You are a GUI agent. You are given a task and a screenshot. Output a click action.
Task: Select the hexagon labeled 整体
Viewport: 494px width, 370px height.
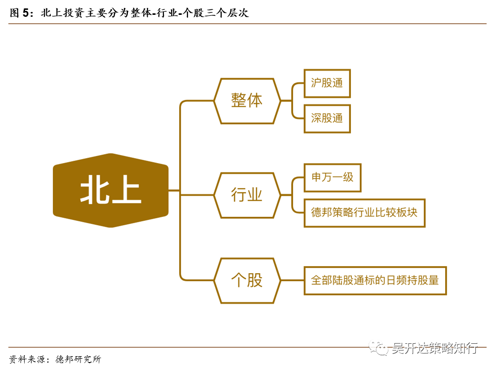click(247, 101)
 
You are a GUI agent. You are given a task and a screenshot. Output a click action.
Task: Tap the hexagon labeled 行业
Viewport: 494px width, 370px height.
click(247, 195)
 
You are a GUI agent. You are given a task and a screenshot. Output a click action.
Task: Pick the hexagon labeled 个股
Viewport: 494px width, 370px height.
click(247, 280)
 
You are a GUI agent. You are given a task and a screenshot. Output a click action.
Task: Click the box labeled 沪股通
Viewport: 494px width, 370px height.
click(327, 83)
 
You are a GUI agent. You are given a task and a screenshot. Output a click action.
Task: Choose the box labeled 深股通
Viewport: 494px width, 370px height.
click(327, 119)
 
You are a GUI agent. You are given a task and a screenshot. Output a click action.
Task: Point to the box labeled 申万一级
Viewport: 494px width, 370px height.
click(333, 177)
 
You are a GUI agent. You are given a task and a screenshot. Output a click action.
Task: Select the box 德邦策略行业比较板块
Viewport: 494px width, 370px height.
click(364, 213)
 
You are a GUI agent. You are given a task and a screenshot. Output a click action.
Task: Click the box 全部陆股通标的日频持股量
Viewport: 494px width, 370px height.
click(375, 280)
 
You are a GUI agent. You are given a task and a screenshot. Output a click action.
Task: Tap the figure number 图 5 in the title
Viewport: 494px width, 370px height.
click(20, 13)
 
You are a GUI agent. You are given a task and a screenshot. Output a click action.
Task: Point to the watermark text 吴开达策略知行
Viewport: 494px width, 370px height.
click(435, 349)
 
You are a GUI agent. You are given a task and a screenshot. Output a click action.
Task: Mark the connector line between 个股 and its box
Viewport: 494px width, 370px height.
click(292, 280)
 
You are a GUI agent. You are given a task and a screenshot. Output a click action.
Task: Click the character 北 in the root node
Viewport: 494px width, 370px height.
click(94, 190)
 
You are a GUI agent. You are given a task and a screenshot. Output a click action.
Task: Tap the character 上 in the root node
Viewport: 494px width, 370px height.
click(126, 190)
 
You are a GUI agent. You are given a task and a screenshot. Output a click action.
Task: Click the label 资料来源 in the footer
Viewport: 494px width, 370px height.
click(25, 359)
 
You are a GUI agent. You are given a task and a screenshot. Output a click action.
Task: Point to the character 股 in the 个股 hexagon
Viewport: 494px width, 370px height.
click(255, 280)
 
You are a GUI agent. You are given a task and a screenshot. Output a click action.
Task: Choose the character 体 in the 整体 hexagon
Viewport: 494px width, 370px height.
click(255, 101)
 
